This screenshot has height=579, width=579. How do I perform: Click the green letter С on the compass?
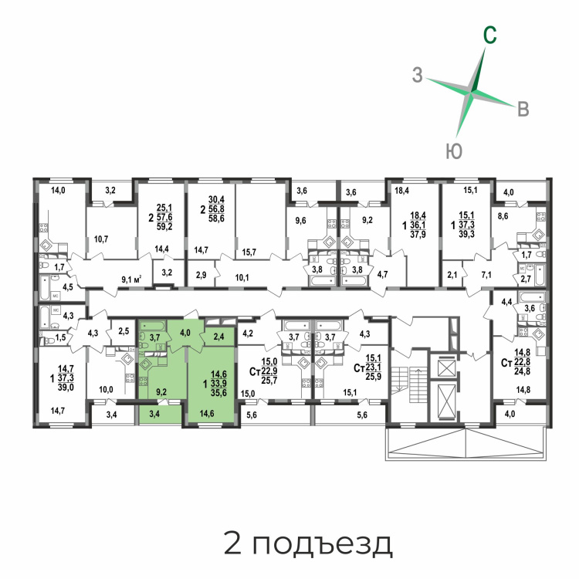point(489,36)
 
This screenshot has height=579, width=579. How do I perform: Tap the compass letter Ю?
point(454,151)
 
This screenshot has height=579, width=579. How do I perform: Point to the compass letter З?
point(417,75)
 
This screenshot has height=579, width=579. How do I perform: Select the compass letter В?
point(523,110)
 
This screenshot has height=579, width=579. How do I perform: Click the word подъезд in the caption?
point(323,544)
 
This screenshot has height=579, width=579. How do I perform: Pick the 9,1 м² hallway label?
point(132,279)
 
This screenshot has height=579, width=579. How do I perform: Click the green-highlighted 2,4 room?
point(219,337)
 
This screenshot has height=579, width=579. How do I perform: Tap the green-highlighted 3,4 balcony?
point(154,414)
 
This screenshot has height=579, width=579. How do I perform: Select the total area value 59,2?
point(164,226)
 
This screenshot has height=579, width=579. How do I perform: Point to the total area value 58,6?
point(216,218)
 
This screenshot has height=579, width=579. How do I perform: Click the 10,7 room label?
point(101,239)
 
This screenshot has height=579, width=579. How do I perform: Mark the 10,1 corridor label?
point(242,277)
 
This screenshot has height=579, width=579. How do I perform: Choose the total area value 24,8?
point(522,371)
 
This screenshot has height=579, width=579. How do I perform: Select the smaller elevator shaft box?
point(445,367)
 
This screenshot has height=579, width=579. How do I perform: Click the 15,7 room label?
point(249,252)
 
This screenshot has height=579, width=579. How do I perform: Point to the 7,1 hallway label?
point(486,274)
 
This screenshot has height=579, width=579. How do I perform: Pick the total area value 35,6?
point(218,392)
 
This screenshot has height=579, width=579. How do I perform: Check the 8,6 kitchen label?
point(503,216)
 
